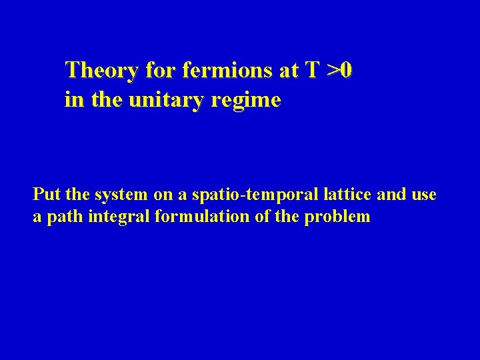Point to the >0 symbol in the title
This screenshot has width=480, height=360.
coord(340,70)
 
